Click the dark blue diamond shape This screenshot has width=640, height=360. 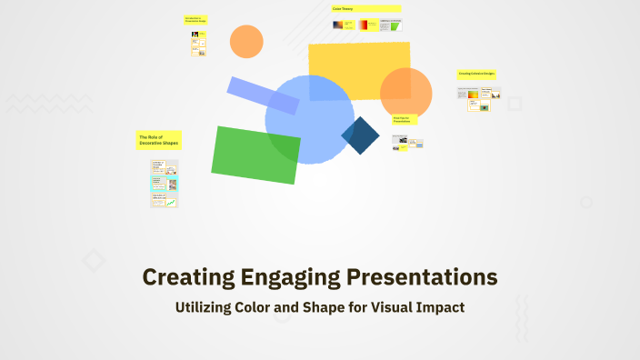360,135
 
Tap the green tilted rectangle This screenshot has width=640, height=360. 255,155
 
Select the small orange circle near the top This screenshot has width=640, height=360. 246,41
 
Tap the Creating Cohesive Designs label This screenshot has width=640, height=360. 476,74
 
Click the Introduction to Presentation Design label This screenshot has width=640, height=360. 196,19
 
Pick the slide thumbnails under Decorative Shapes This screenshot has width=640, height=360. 165,184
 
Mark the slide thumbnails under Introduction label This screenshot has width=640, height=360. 198,44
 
